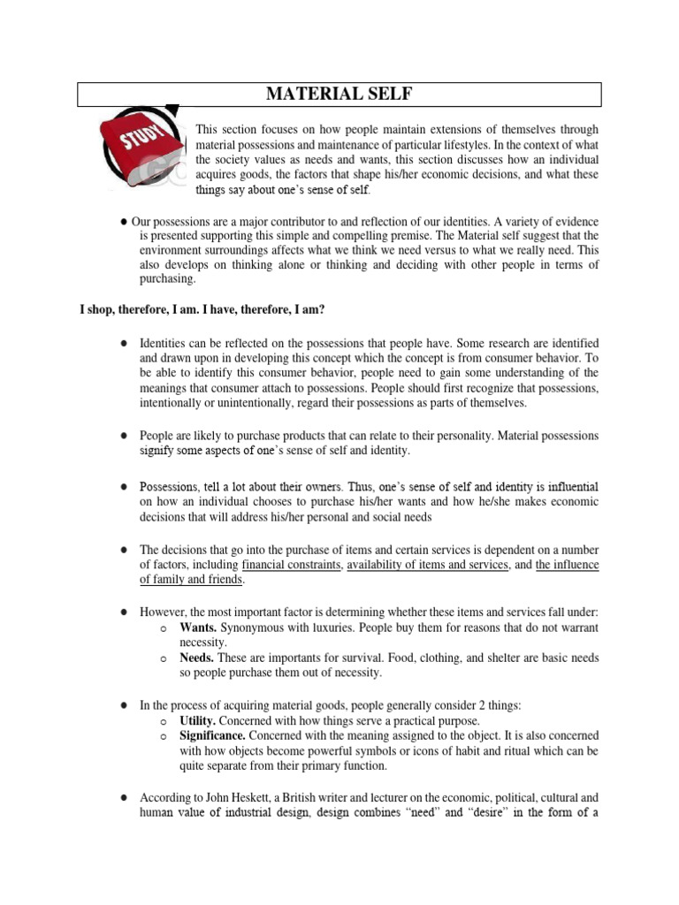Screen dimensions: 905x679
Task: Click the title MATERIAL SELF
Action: tap(339, 94)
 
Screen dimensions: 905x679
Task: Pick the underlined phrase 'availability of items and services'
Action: tap(428, 565)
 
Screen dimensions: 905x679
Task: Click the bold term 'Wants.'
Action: tap(198, 627)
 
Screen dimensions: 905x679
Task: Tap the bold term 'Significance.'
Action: tap(212, 736)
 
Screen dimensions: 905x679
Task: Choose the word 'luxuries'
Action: tap(326, 627)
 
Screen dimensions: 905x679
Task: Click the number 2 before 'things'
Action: tap(493, 705)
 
